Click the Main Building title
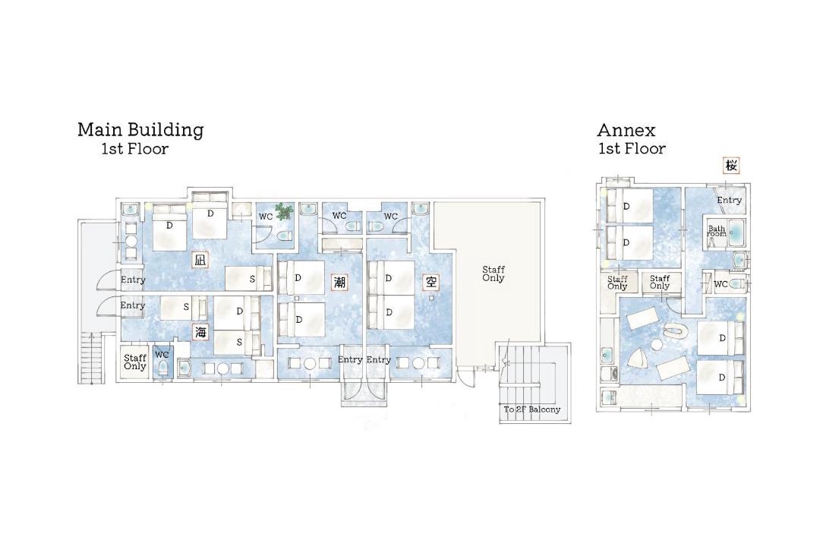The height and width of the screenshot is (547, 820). click(140, 129)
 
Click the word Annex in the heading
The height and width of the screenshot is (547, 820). click(626, 130)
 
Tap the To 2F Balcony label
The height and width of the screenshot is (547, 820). click(531, 409)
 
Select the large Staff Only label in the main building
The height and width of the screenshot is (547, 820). click(494, 273)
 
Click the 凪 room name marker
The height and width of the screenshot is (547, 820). click(200, 260)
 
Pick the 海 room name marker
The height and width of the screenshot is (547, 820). click(200, 332)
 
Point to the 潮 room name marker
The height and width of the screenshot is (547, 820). click(339, 283)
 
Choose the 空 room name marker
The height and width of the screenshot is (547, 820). click(431, 283)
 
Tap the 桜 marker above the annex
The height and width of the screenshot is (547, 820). click(731, 166)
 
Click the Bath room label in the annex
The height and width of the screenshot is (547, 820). click(717, 231)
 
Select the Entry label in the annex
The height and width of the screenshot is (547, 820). click(729, 200)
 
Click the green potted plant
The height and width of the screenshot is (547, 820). click(284, 211)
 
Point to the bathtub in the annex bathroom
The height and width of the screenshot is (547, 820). click(735, 230)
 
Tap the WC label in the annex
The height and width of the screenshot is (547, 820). click(721, 284)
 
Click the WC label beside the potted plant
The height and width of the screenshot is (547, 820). click(266, 217)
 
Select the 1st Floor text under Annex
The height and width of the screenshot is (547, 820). click(632, 149)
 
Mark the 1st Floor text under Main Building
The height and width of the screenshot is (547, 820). click(135, 149)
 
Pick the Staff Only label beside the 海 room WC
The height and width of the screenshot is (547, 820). click(135, 362)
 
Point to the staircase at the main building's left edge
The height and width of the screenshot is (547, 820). click(90, 358)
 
